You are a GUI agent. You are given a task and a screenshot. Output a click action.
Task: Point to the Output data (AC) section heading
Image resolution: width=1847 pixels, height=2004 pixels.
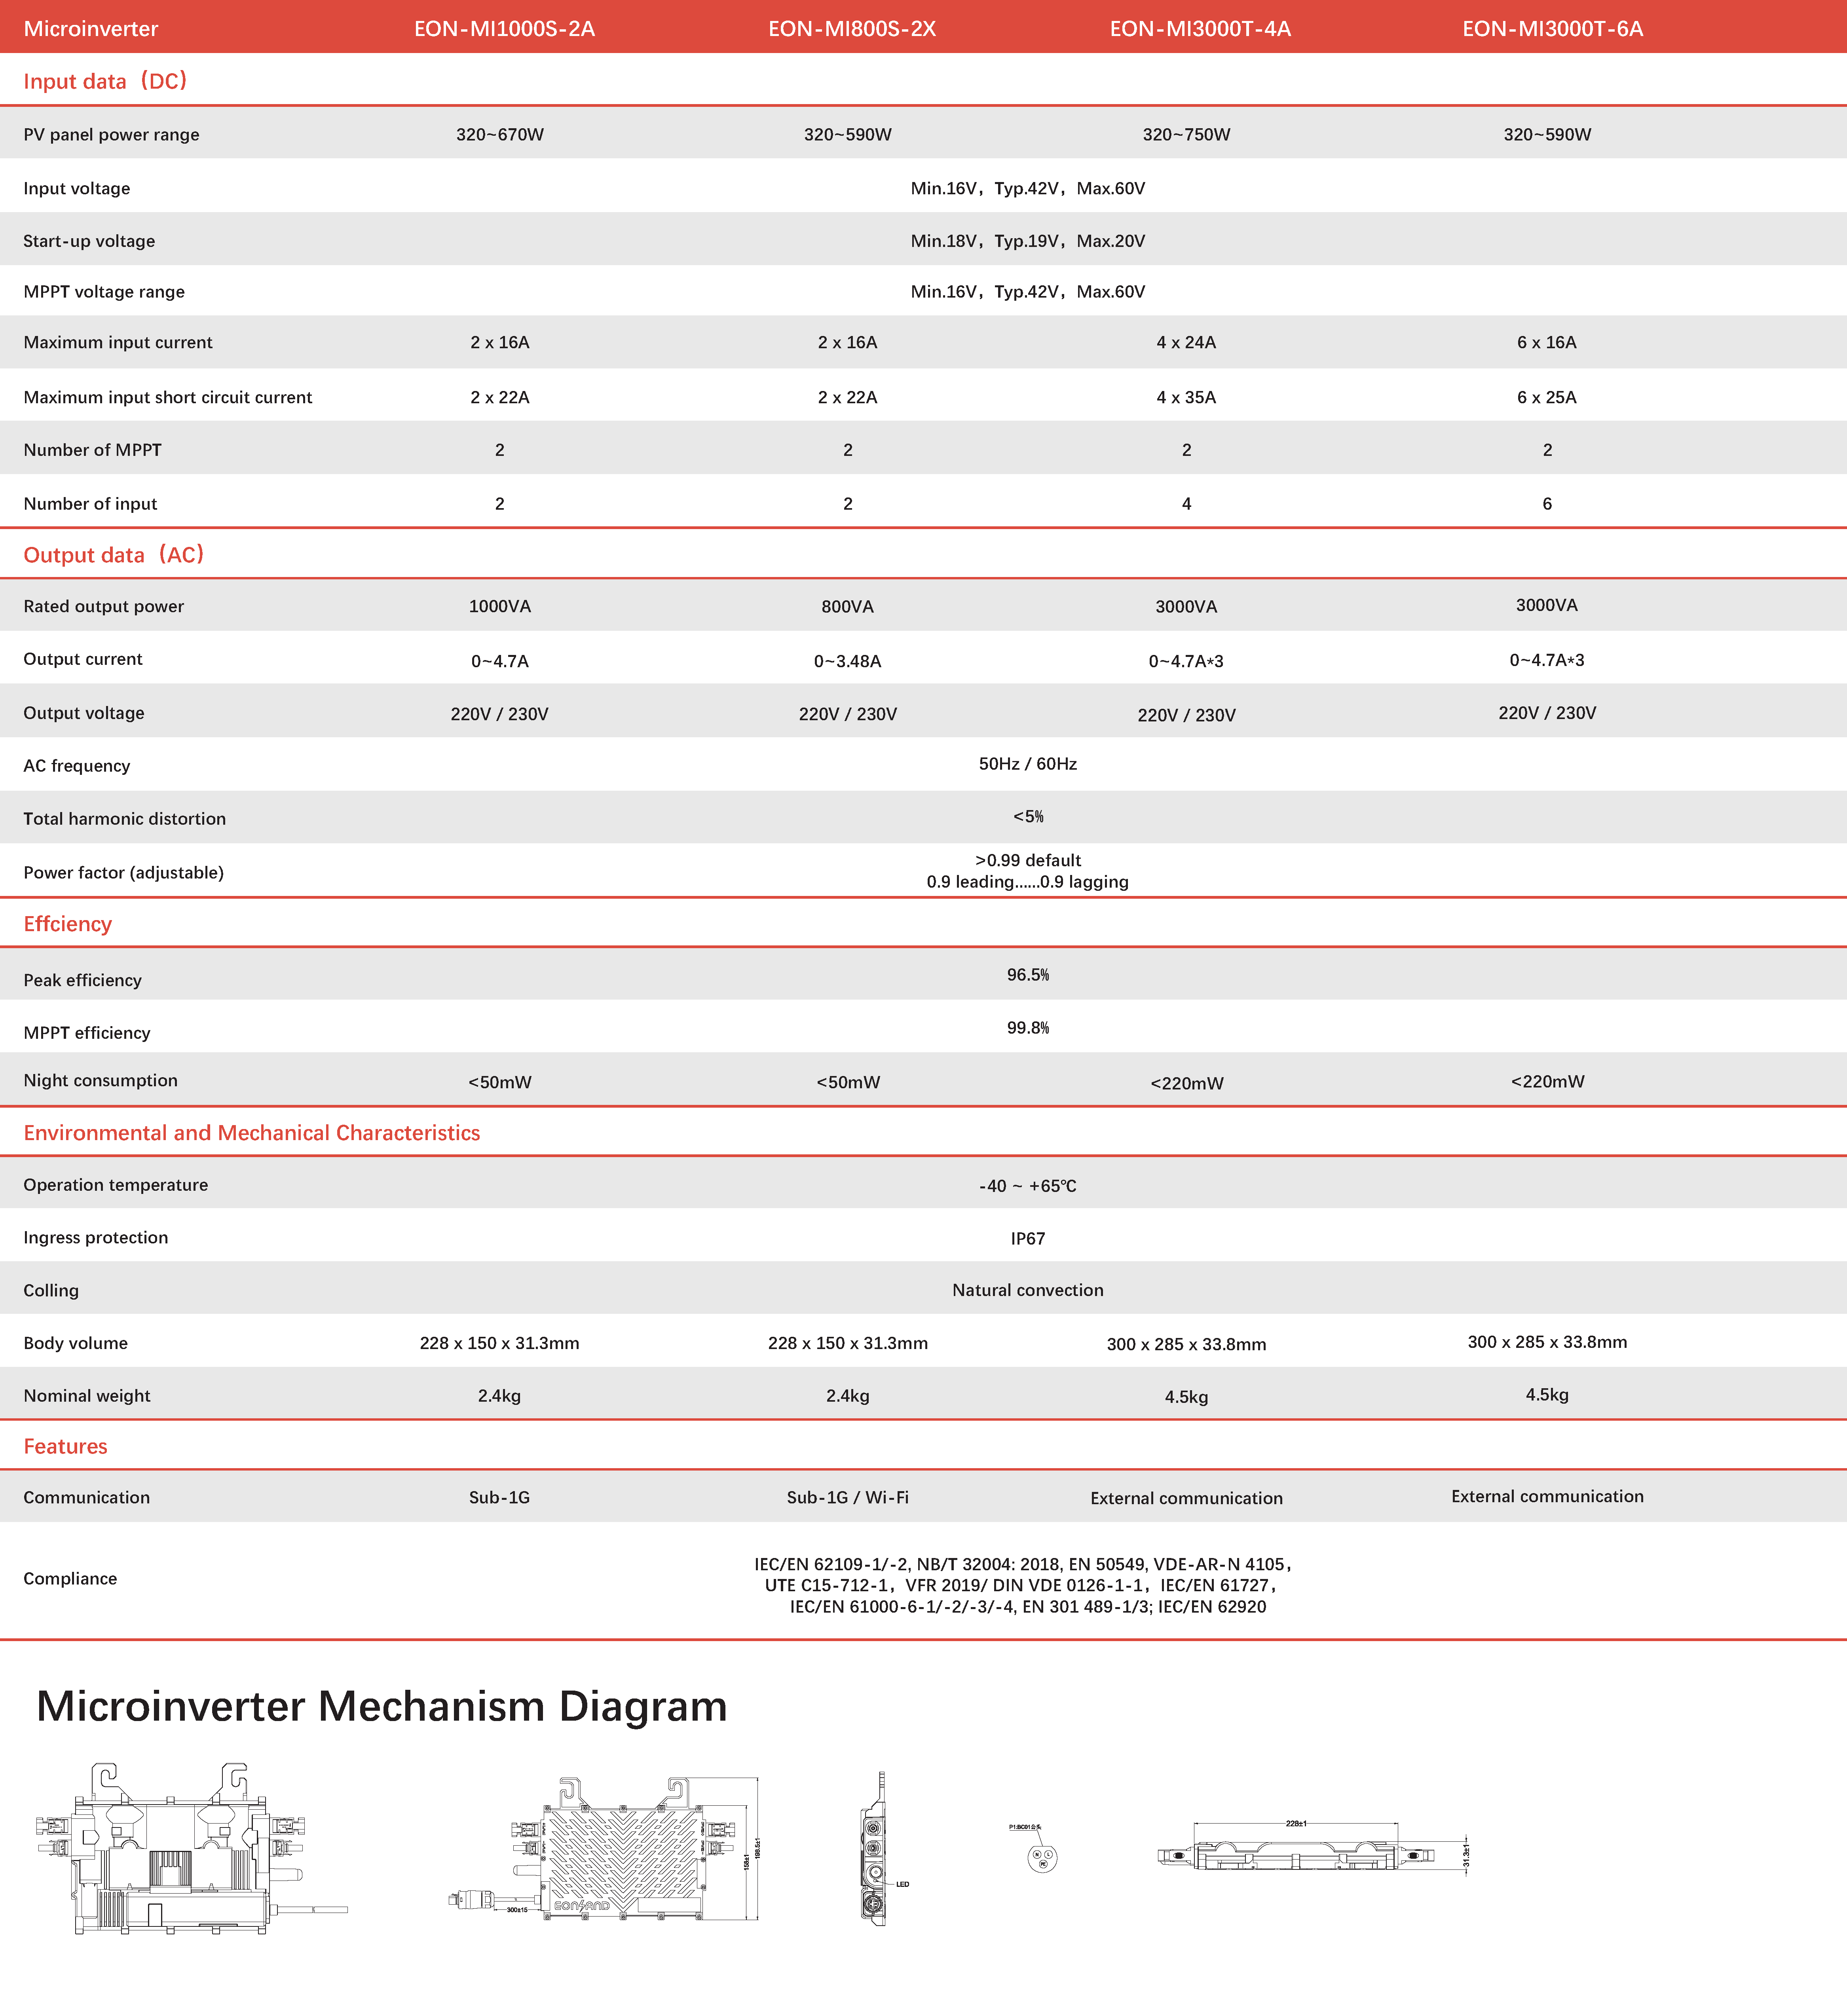coord(113,555)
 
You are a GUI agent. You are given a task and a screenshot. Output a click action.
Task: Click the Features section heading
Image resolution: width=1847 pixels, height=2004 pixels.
coord(65,1446)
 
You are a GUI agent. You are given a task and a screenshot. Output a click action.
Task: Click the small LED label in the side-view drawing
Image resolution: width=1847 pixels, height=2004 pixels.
coord(902,1884)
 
